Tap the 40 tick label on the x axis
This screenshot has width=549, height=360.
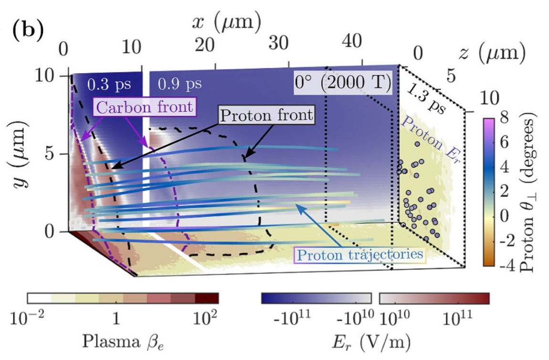click(x=352, y=43)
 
